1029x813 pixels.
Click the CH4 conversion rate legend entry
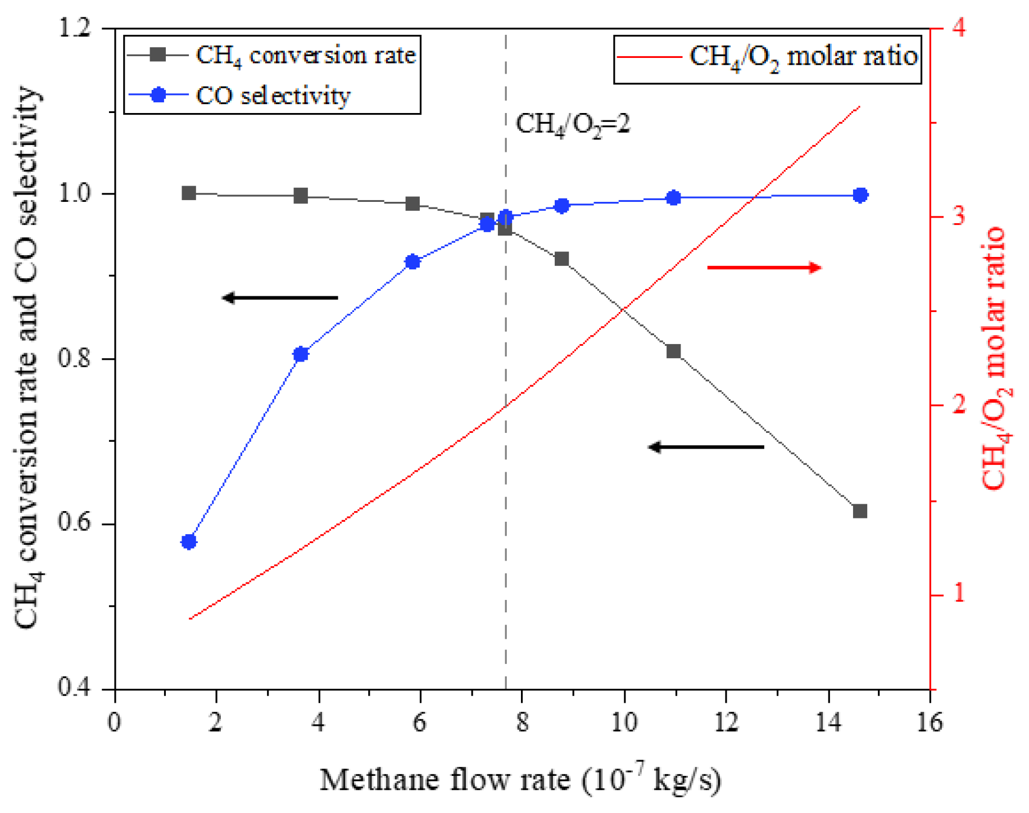[x=272, y=55]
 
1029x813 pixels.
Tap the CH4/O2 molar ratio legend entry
[x=767, y=56]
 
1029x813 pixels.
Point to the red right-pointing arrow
[x=764, y=268]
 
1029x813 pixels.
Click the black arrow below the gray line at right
[x=706, y=447]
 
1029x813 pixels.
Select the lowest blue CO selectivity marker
[x=189, y=541]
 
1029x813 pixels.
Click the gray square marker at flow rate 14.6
[x=860, y=511]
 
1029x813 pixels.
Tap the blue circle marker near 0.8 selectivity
[x=301, y=354]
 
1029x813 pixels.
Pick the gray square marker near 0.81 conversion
[x=673, y=351]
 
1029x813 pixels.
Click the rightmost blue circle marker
[x=860, y=195]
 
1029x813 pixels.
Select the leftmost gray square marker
[x=189, y=193]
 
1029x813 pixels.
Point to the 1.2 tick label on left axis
[x=74, y=28]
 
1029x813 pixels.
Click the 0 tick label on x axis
[x=115, y=722]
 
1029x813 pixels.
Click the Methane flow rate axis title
[x=520, y=780]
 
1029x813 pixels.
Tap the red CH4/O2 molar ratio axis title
[x=995, y=358]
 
